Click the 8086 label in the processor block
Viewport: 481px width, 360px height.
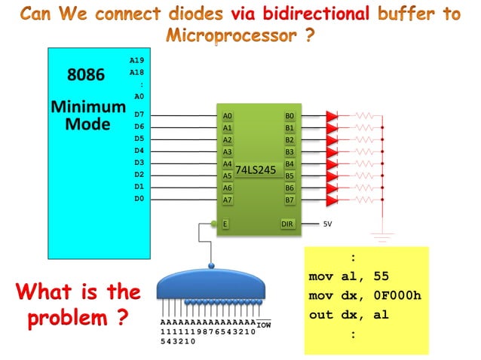[x=87, y=75]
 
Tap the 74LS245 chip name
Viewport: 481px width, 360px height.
[x=256, y=170]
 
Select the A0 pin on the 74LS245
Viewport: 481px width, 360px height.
[x=227, y=116]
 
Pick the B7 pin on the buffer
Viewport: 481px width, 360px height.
[x=290, y=200]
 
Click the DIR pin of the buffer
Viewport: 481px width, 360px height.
[x=287, y=224]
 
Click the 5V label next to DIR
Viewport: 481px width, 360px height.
[x=328, y=224]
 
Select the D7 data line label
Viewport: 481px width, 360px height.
[x=138, y=114]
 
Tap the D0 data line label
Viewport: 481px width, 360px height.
[x=138, y=199]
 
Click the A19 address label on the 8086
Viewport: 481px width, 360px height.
[x=136, y=59]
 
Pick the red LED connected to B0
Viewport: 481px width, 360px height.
[x=332, y=116]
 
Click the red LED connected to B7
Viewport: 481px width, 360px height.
[x=332, y=200]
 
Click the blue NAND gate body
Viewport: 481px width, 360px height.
[x=211, y=285]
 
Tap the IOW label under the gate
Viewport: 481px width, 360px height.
[x=264, y=325]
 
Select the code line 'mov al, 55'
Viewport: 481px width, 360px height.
[x=349, y=276]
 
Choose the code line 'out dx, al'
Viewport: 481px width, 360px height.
[x=349, y=315]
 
